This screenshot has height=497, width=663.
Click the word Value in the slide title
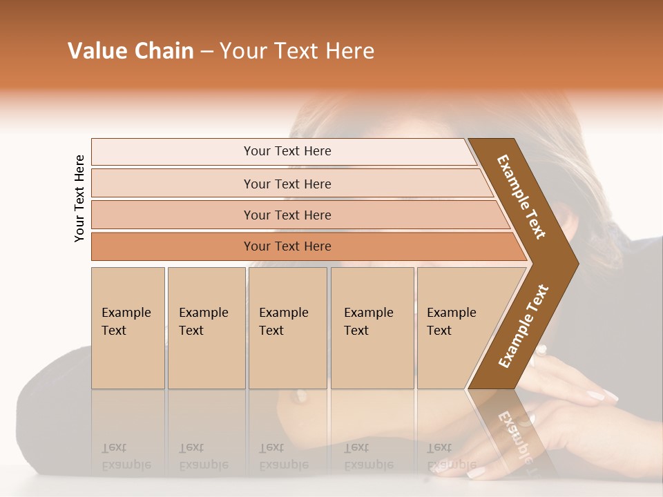[97, 51]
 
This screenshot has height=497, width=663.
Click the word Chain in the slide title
[162, 51]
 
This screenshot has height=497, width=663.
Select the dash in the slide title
[206, 52]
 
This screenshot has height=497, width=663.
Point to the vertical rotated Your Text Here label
[79, 198]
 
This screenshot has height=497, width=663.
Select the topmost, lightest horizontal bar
[287, 151]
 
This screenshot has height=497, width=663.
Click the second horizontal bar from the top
[287, 184]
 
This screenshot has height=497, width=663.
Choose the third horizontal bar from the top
[287, 215]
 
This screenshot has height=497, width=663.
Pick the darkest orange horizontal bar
[287, 246]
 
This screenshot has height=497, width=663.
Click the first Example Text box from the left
[128, 328]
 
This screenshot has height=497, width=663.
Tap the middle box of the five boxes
[287, 328]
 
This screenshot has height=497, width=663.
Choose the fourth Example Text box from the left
[372, 328]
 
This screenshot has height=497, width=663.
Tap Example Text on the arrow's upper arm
[521, 197]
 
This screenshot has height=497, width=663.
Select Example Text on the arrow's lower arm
[523, 327]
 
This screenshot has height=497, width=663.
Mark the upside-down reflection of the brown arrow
[515, 428]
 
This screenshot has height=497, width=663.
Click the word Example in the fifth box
[451, 313]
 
